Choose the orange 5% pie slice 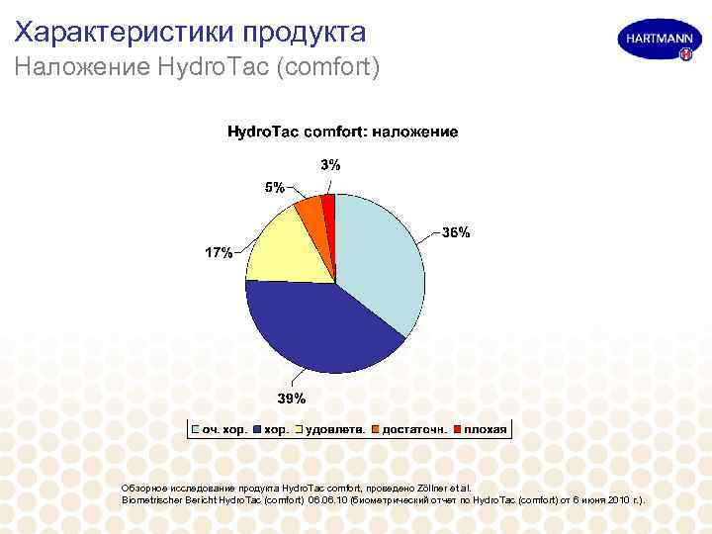311,211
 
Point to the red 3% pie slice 328,206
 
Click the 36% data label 456,233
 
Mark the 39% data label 291,399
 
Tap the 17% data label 219,253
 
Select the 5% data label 273,187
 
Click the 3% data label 329,166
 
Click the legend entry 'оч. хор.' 223,429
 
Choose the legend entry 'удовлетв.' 332,429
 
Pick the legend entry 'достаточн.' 416,429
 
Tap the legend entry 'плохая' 487,429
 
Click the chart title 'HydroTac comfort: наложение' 343,132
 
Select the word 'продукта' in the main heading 306,32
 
